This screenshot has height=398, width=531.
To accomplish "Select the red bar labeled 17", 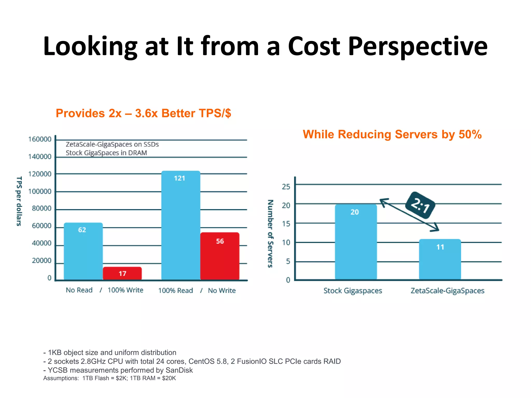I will (x=122, y=273).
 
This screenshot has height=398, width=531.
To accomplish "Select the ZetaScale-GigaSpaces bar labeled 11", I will (x=440, y=259).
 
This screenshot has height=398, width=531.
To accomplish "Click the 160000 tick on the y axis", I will (x=40, y=139).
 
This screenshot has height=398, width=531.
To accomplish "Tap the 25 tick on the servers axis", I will (x=286, y=187).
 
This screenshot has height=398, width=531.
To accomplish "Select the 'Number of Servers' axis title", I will (x=270, y=233).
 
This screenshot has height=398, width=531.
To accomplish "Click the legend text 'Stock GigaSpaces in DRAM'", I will (x=106, y=153).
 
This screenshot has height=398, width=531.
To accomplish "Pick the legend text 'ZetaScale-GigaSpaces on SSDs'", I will (x=112, y=144).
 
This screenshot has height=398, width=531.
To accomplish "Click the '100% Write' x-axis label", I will (x=125, y=290).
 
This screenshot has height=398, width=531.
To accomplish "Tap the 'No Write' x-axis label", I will (x=222, y=290).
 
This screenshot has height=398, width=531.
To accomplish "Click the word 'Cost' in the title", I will (x=314, y=47).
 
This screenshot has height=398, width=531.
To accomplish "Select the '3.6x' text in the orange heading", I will (x=146, y=113).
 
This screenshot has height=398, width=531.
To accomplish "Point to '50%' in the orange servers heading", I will (x=470, y=134).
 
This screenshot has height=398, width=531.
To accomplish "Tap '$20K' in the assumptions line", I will (x=169, y=378).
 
